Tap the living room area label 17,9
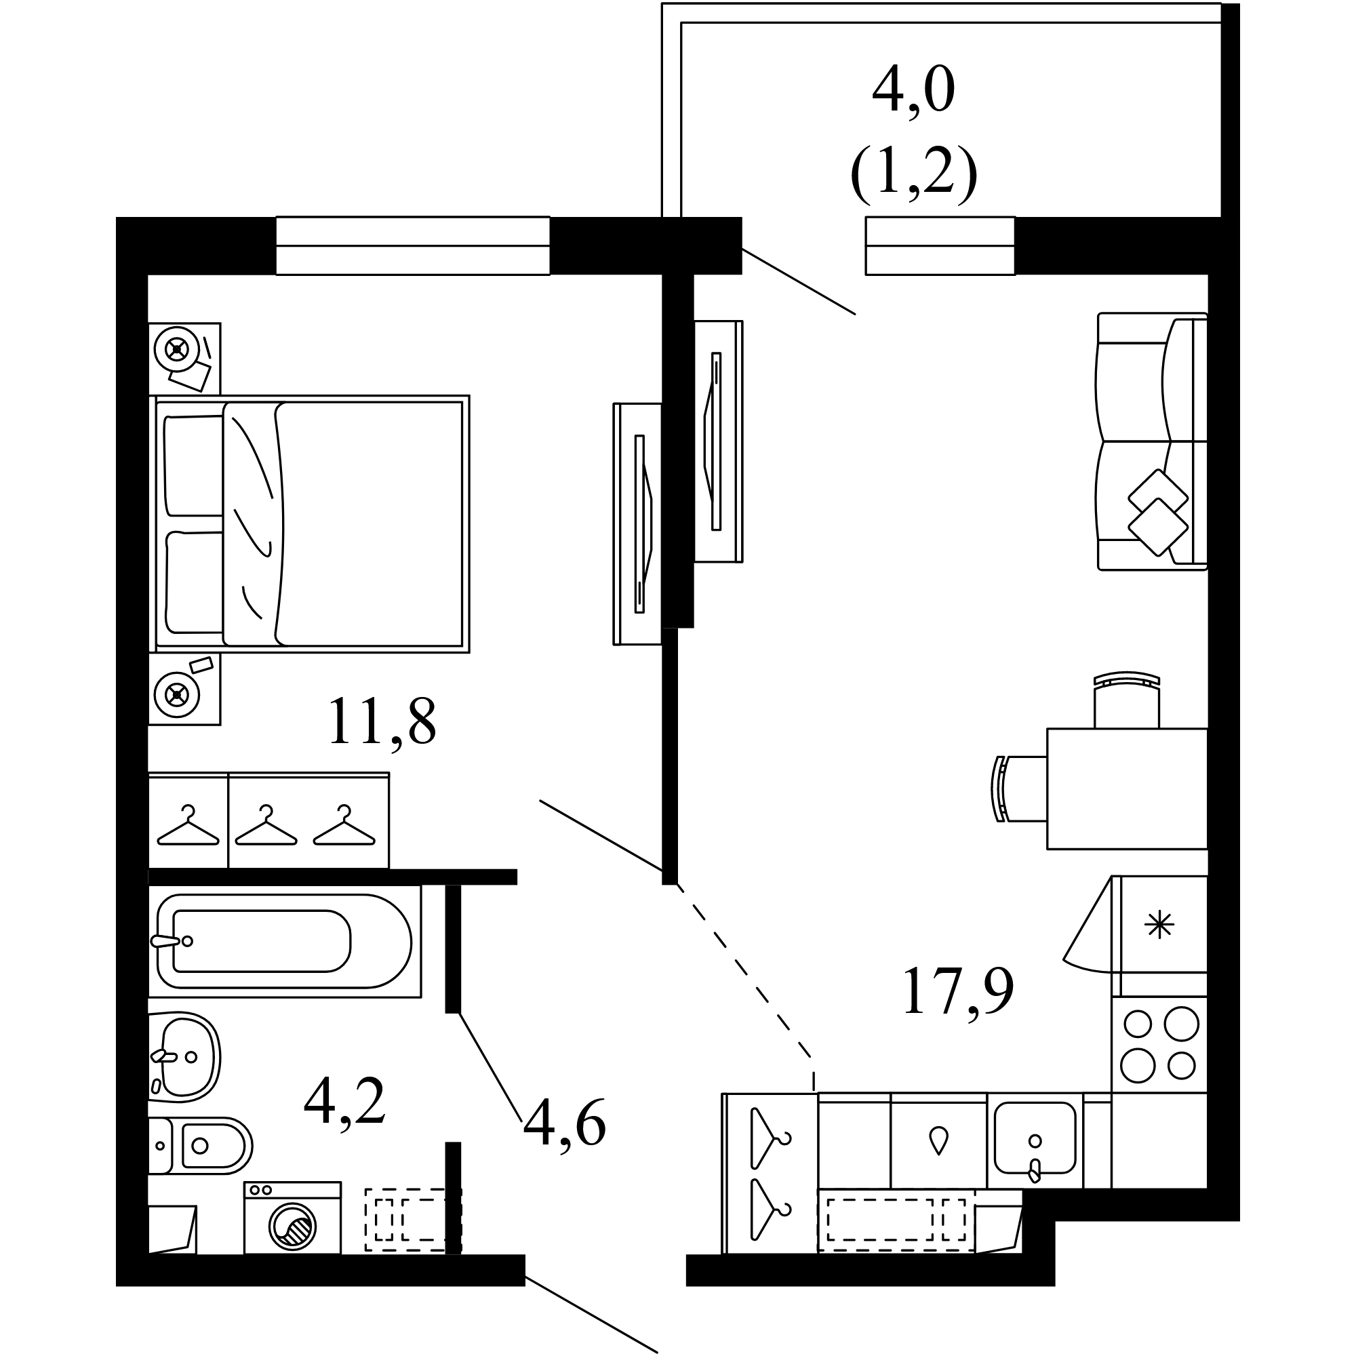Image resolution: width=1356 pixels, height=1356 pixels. click(x=958, y=991)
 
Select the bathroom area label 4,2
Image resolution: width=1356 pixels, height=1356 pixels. click(x=344, y=1100)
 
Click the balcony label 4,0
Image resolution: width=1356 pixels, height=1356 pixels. click(x=914, y=90)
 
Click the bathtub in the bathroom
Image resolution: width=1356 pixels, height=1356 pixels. click(x=284, y=940)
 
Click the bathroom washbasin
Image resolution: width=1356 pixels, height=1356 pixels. click(x=184, y=1056)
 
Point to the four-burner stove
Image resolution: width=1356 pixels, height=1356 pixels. click(x=1159, y=1043)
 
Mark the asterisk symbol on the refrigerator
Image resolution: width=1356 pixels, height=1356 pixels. click(x=1159, y=925)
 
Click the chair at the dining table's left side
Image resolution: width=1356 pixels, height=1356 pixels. click(x=1019, y=789)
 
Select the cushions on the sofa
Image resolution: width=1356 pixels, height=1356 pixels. click(x=1157, y=512)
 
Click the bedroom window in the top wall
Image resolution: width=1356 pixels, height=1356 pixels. click(x=413, y=245)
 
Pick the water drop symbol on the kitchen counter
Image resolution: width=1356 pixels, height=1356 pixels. click(x=938, y=1140)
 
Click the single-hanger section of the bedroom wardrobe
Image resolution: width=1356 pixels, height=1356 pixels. click(x=188, y=820)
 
